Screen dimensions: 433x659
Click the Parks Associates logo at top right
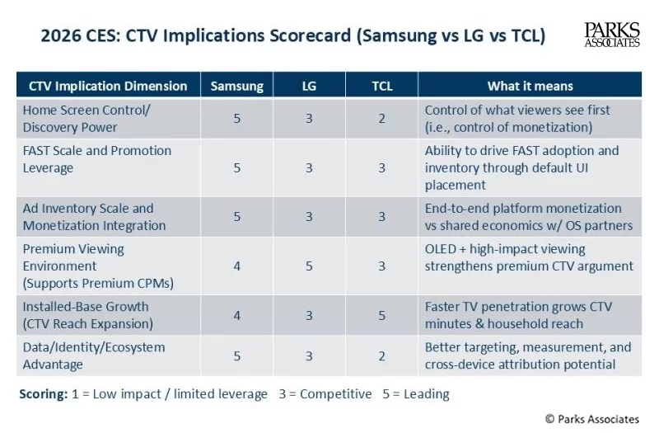click(x=611, y=35)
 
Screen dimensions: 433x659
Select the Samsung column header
click(x=237, y=86)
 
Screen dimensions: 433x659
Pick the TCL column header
click(x=381, y=86)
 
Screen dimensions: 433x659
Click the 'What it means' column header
click(x=530, y=86)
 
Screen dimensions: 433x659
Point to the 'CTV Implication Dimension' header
click(x=108, y=86)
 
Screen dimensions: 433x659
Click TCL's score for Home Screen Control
click(x=381, y=119)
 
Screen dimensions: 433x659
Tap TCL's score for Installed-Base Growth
click(x=381, y=315)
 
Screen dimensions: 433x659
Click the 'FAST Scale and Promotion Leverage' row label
click(x=97, y=159)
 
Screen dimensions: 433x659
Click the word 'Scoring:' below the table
click(x=44, y=394)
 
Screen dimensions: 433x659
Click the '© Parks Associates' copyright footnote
click(x=591, y=419)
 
